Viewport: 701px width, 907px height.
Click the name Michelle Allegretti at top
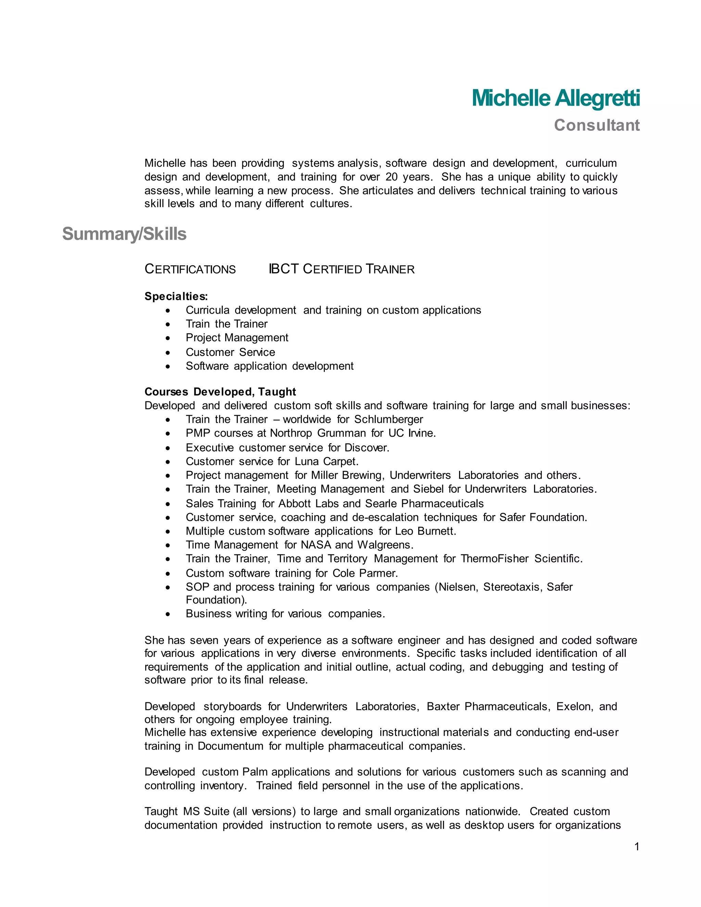[555, 99]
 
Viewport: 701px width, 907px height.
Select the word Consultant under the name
[596, 125]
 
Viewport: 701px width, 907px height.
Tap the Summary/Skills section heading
[124, 234]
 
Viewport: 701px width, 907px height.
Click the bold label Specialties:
[176, 296]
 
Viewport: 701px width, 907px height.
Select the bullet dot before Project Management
[168, 338]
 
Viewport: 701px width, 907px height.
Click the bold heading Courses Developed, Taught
[220, 392]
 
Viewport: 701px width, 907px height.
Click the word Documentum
[230, 746]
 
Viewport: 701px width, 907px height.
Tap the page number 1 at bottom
[637, 846]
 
